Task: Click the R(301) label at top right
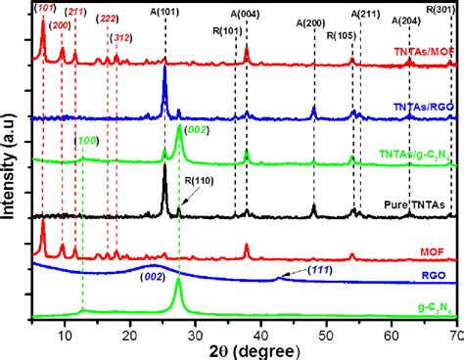click(x=442, y=8)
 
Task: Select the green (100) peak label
click(x=87, y=143)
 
